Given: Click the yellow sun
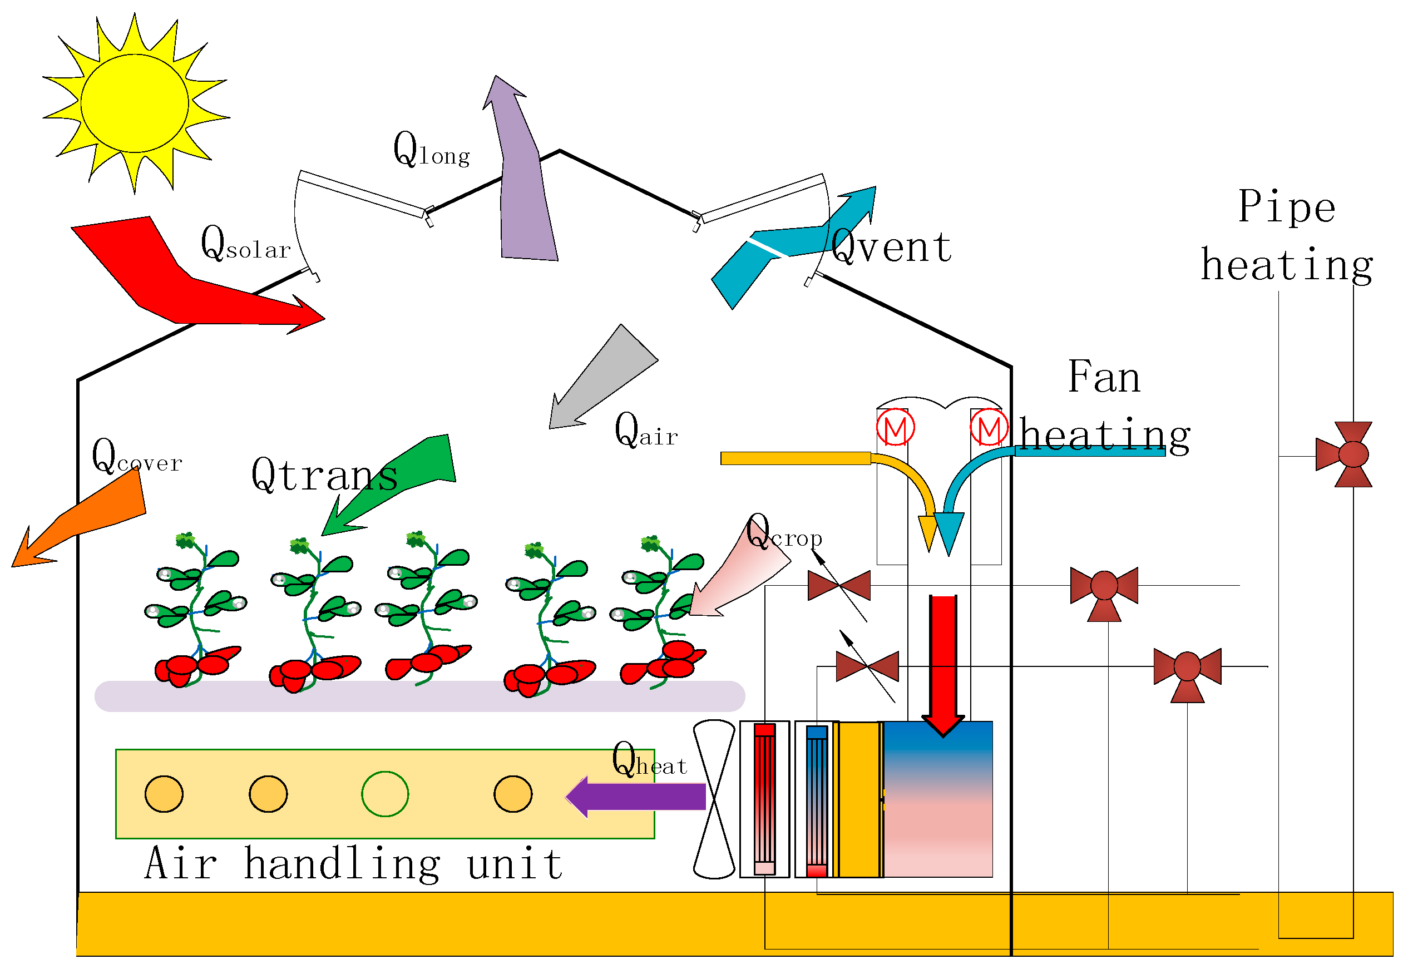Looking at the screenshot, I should pyautogui.click(x=135, y=103).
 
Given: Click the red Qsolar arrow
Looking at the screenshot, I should pyautogui.click(x=182, y=285).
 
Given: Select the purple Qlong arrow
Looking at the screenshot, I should pyautogui.click(x=523, y=194).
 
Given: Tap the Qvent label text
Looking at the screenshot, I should pyautogui.click(x=891, y=248).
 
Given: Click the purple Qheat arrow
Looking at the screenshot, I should pyautogui.click(x=638, y=797).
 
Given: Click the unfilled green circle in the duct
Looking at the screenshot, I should pyautogui.click(x=385, y=794).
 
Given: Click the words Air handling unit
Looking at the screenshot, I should pyautogui.click(x=354, y=864).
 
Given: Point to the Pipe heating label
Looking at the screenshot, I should pyautogui.click(x=1287, y=237).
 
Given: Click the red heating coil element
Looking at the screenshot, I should pyautogui.click(x=765, y=798).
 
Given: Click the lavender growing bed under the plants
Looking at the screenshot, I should pyautogui.click(x=419, y=697).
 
